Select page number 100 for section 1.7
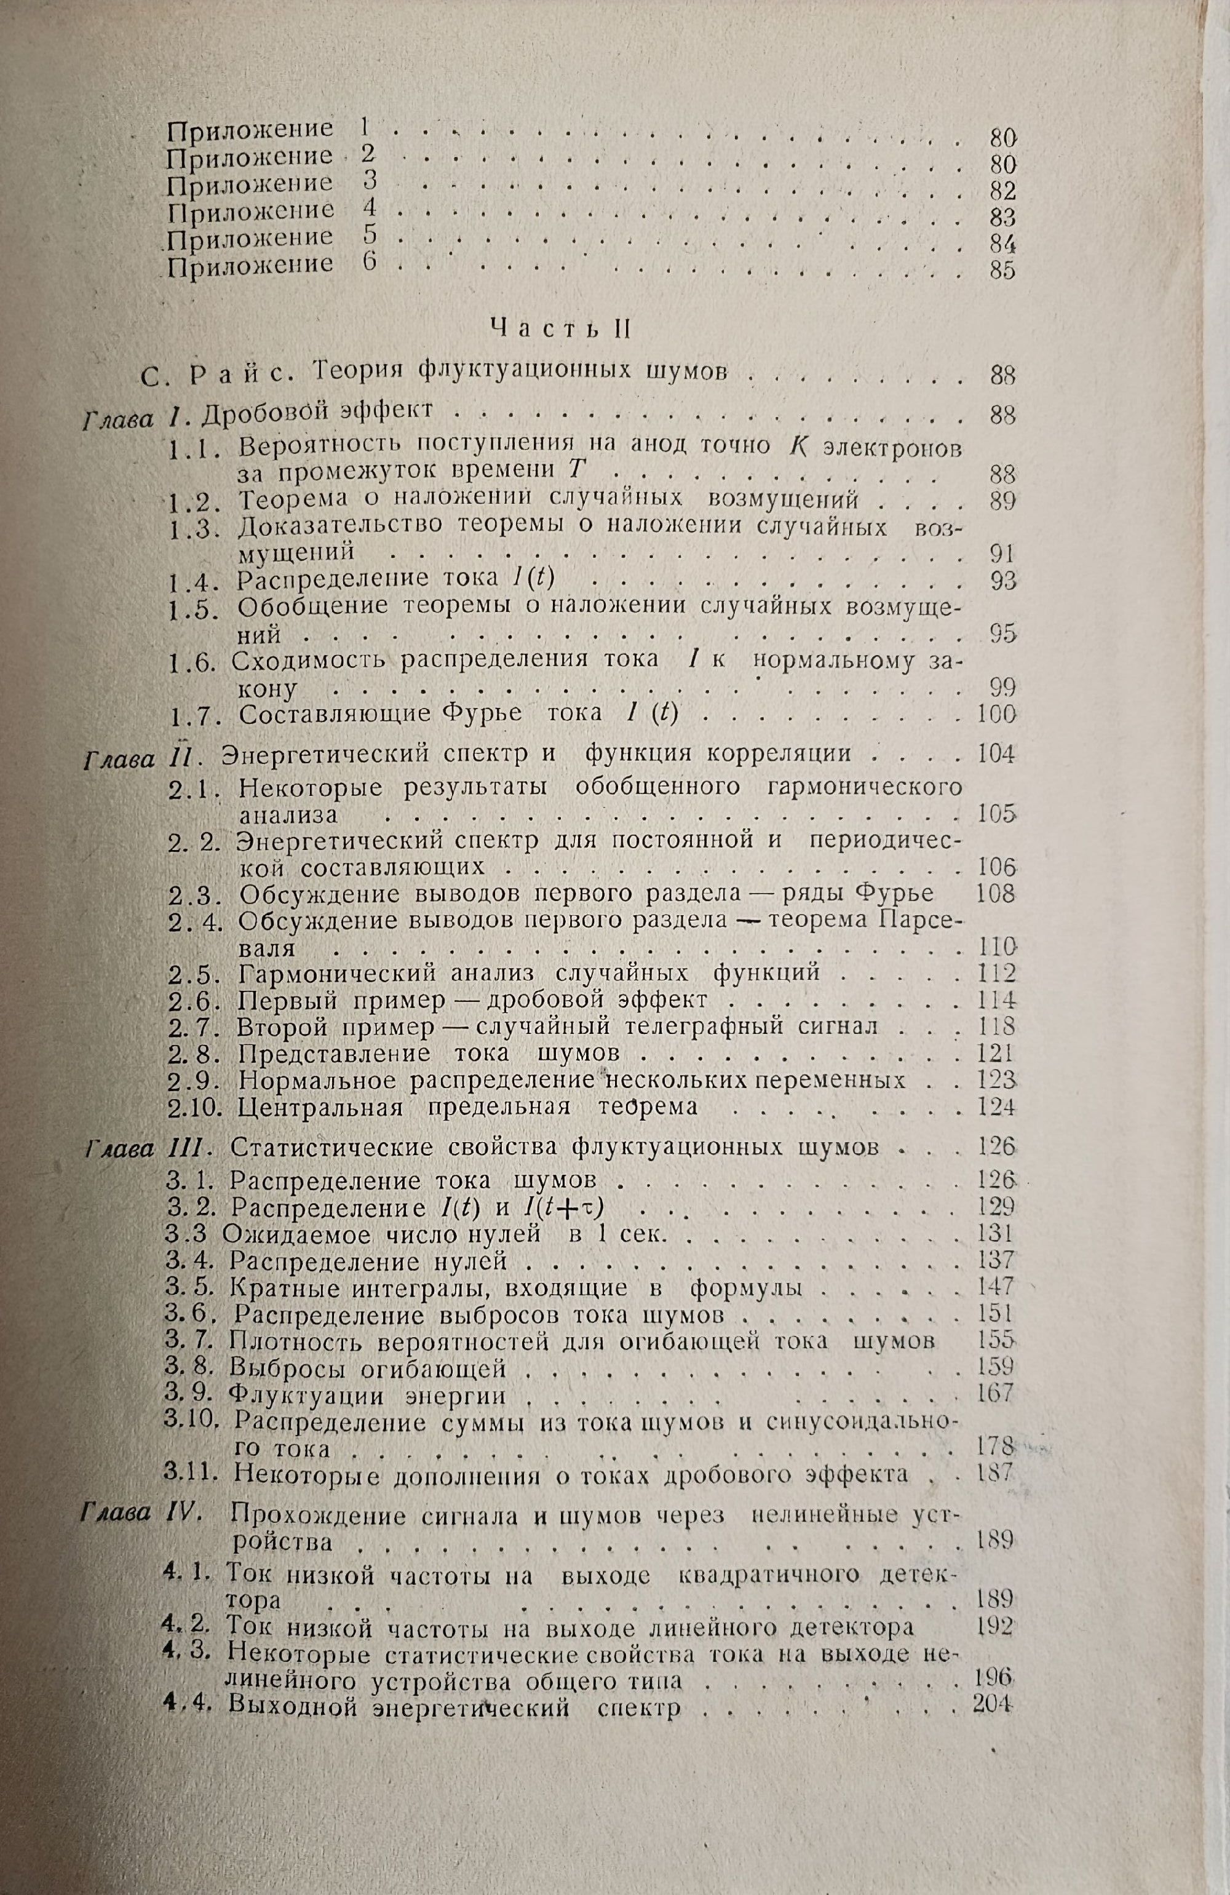click(996, 714)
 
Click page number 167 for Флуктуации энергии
click(994, 1393)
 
